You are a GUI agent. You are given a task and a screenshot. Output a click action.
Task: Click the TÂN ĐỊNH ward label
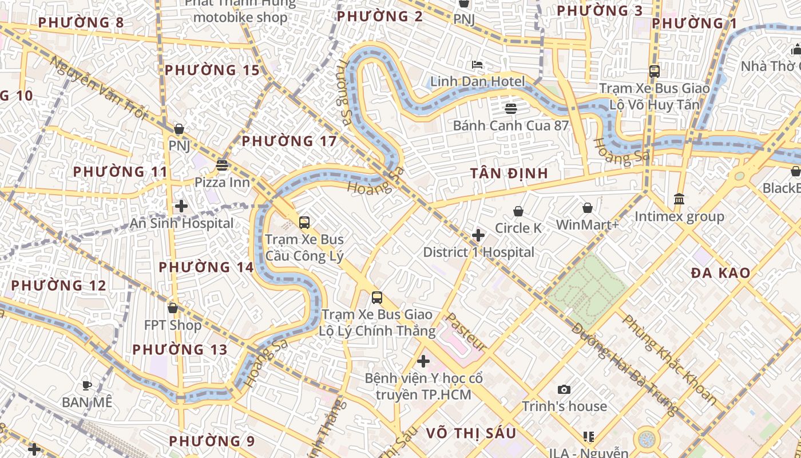pyautogui.click(x=509, y=173)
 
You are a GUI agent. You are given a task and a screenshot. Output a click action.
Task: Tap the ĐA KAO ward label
pyautogui.click(x=720, y=273)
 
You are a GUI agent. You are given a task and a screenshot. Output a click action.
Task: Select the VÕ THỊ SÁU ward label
pyautogui.click(x=471, y=433)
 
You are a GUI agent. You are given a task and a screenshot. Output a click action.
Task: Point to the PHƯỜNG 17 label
pyautogui.click(x=289, y=141)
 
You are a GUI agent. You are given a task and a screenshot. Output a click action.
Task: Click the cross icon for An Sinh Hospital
pyautogui.click(x=181, y=206)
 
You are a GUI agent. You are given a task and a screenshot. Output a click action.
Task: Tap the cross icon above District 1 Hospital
pyautogui.click(x=478, y=235)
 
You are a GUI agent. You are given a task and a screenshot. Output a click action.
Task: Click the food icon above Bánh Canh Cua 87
pyautogui.click(x=511, y=108)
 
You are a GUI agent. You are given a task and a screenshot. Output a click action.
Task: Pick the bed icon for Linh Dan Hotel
pyautogui.click(x=477, y=64)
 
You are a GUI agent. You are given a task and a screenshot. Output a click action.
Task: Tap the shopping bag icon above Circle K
pyautogui.click(x=518, y=211)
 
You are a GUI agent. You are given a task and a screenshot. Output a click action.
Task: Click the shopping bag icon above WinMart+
pyautogui.click(x=588, y=207)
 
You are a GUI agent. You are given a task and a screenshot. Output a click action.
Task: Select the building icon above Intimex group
pyautogui.click(x=679, y=199)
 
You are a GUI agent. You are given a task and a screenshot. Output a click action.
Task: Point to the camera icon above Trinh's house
pyautogui.click(x=564, y=389)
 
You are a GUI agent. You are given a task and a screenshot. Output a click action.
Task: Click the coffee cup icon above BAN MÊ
pyautogui.click(x=87, y=385)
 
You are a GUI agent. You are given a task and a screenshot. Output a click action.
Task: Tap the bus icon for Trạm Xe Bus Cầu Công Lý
pyautogui.click(x=304, y=223)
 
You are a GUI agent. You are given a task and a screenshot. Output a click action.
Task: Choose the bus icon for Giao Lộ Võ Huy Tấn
pyautogui.click(x=655, y=72)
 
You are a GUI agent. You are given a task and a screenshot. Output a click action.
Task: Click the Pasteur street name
pyautogui.click(x=466, y=333)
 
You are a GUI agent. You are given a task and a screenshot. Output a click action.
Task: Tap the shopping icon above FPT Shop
pyautogui.click(x=173, y=308)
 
